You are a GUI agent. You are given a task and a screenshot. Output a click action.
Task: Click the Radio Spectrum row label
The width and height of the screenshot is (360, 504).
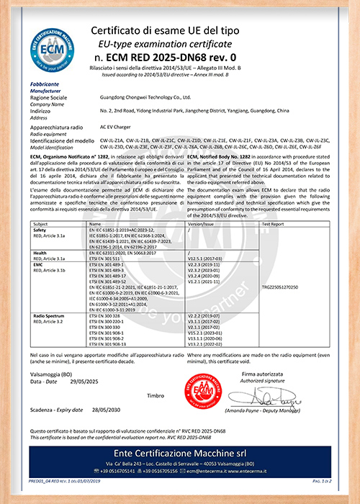click(x=53, y=315)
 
